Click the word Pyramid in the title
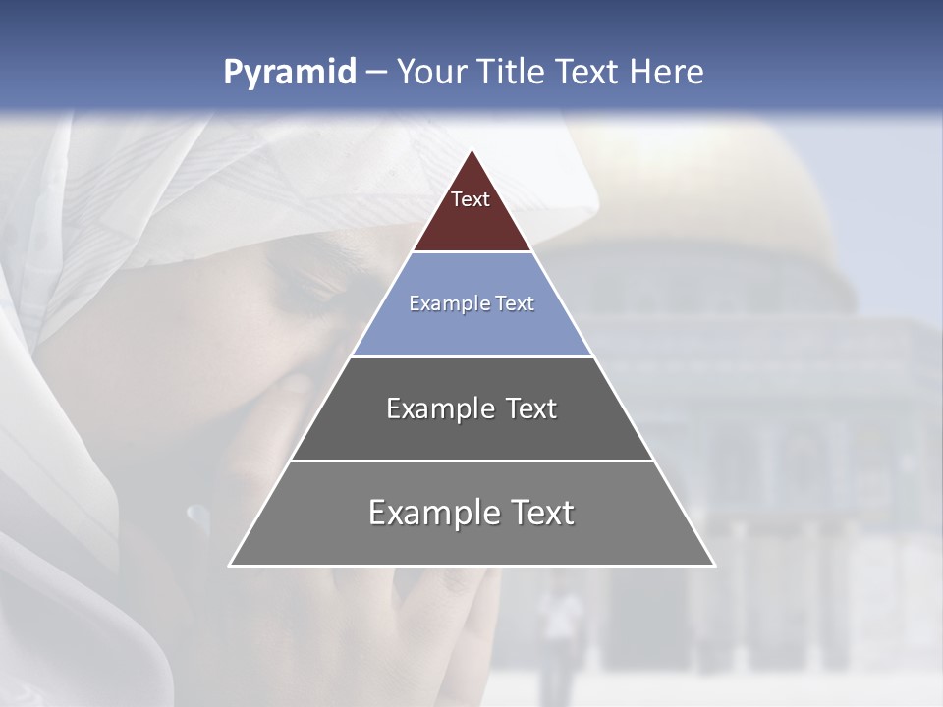(x=290, y=72)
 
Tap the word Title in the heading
(x=512, y=72)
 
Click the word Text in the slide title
(x=585, y=72)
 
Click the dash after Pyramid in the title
(x=375, y=73)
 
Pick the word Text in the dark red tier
(x=471, y=199)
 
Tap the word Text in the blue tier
(x=513, y=303)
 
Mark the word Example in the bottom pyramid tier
(x=429, y=513)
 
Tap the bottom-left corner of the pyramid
(x=230, y=565)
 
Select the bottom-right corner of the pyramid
(x=714, y=565)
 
